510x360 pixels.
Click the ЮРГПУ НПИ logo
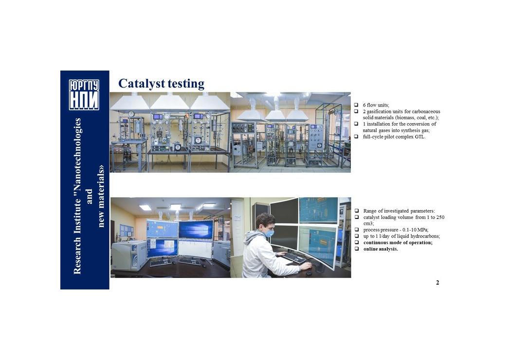click(84, 95)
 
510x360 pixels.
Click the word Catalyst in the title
click(142, 84)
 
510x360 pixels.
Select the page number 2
click(437, 283)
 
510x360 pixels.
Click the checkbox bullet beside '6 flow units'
click(356, 105)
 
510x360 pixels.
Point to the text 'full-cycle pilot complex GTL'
click(394, 137)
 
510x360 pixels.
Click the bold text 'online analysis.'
click(381, 249)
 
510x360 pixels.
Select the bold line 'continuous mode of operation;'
click(398, 243)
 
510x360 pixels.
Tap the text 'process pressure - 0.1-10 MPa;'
click(396, 230)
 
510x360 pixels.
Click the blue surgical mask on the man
click(268, 233)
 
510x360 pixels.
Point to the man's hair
click(265, 220)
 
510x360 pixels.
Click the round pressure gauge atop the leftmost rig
click(131, 114)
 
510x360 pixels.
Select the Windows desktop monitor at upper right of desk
click(196, 229)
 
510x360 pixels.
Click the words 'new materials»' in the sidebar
click(101, 196)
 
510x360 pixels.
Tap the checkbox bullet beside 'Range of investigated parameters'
click(357, 211)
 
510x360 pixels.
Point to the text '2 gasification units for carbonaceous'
click(401, 111)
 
